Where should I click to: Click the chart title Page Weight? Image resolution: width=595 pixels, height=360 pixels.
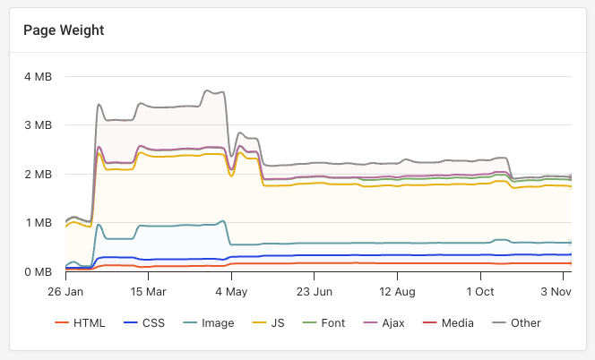pyautogui.click(x=64, y=30)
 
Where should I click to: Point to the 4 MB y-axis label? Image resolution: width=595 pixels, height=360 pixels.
pyautogui.click(x=38, y=77)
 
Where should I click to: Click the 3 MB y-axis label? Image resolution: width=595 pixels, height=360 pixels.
pyautogui.click(x=38, y=125)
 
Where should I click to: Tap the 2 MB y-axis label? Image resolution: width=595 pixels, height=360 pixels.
pyautogui.click(x=38, y=174)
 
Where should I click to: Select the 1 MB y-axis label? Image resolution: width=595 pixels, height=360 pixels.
pyautogui.click(x=38, y=223)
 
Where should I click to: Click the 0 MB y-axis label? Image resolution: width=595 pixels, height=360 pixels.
pyautogui.click(x=38, y=271)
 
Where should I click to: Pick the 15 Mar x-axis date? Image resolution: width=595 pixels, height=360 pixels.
pyautogui.click(x=149, y=292)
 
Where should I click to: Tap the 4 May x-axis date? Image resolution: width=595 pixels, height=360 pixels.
pyautogui.click(x=232, y=292)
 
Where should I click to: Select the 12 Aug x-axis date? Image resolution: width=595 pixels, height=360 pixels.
pyautogui.click(x=398, y=292)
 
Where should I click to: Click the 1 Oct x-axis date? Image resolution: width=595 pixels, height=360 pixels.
pyautogui.click(x=481, y=292)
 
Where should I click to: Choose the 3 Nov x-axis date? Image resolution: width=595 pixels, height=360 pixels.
pyautogui.click(x=556, y=292)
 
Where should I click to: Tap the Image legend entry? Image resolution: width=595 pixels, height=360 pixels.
pyautogui.click(x=211, y=323)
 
